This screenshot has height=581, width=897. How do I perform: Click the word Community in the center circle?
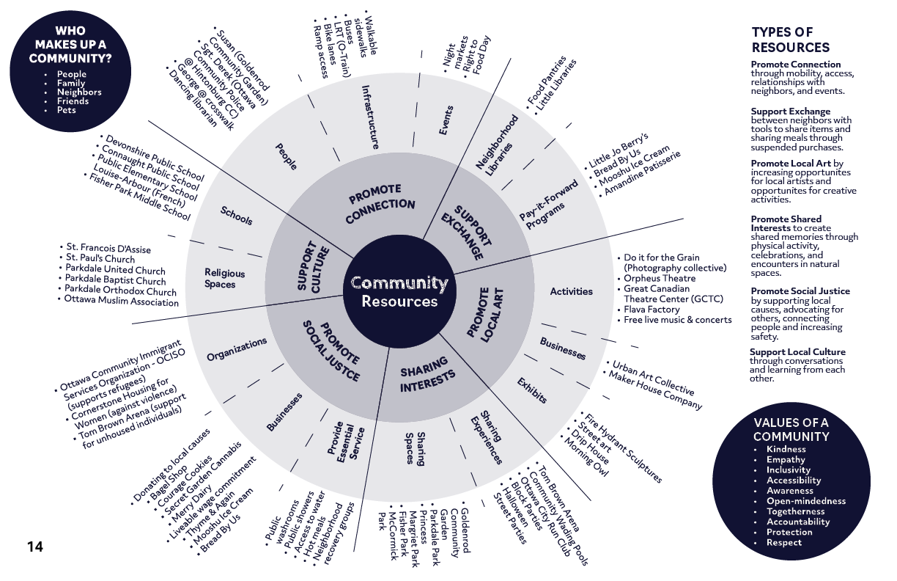click(399, 283)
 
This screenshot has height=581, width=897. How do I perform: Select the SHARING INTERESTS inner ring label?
click(428, 375)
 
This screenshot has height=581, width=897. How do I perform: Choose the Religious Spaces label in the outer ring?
click(225, 279)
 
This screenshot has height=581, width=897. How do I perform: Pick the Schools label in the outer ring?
click(236, 216)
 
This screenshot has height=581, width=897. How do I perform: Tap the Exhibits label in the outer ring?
click(531, 390)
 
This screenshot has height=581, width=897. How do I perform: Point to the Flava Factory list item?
click(652, 310)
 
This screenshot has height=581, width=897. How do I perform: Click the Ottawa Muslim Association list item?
click(122, 301)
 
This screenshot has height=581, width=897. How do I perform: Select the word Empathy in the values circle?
click(786, 460)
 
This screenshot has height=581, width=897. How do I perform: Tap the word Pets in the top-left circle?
click(66, 110)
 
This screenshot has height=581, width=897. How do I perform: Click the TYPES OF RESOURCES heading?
click(791, 40)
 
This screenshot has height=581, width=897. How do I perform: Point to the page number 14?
click(35, 547)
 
